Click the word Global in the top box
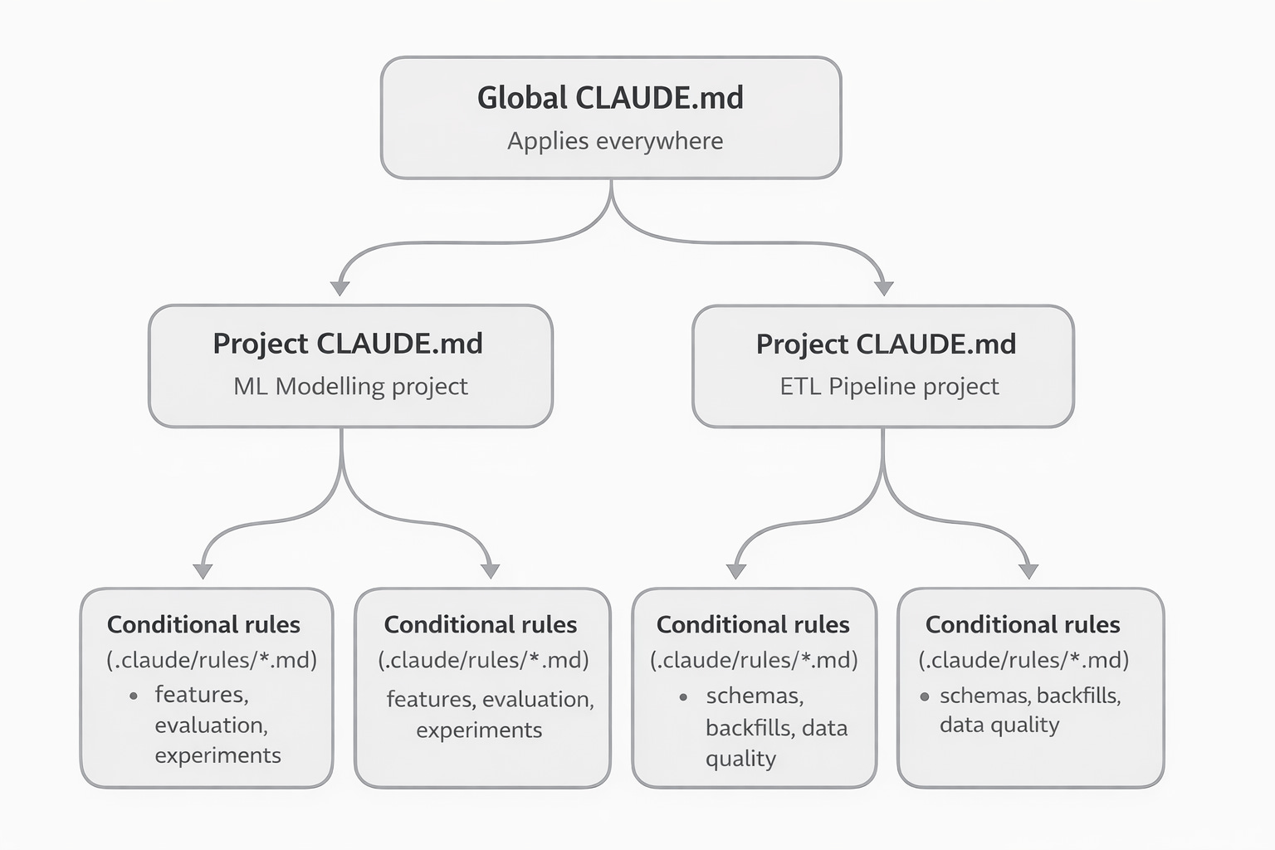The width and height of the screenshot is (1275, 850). click(x=522, y=98)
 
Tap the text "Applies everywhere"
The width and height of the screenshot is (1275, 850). click(x=615, y=141)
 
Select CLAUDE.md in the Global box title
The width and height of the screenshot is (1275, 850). click(x=659, y=98)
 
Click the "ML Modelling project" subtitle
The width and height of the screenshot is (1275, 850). click(x=350, y=386)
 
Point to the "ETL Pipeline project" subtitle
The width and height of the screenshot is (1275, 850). click(x=889, y=386)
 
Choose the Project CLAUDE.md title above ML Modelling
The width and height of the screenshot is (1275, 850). click(x=348, y=344)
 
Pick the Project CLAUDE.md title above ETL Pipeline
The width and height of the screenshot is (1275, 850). click(x=886, y=344)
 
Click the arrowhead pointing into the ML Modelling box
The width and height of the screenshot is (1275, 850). click(x=340, y=288)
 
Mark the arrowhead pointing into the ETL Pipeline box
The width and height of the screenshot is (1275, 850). click(x=884, y=288)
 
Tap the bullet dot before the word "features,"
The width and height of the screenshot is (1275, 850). click(x=134, y=696)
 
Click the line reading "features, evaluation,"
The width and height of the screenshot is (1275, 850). click(x=490, y=699)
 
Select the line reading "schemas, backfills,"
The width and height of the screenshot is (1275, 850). click(x=1030, y=696)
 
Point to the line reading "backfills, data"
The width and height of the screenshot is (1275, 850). click(x=776, y=728)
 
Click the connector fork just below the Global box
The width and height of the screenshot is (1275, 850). click(x=612, y=203)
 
